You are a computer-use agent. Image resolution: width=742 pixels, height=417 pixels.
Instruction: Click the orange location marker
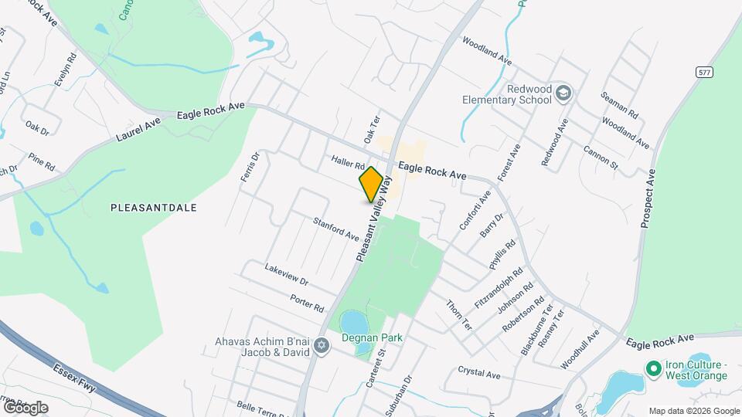(x=371, y=184)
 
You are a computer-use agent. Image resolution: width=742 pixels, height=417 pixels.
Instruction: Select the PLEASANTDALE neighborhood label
(x=154, y=208)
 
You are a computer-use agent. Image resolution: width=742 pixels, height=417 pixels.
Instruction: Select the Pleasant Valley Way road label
(x=370, y=219)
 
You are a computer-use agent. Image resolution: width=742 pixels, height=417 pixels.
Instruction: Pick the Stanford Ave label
(x=335, y=229)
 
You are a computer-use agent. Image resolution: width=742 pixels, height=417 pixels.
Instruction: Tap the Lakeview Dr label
(x=286, y=276)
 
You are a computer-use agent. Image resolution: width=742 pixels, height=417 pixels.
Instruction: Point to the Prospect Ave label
(x=647, y=198)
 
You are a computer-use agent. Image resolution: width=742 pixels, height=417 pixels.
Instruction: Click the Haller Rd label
(x=348, y=164)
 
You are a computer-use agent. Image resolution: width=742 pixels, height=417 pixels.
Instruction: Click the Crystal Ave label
(x=478, y=374)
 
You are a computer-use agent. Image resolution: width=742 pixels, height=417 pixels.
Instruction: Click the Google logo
(x=25, y=407)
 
